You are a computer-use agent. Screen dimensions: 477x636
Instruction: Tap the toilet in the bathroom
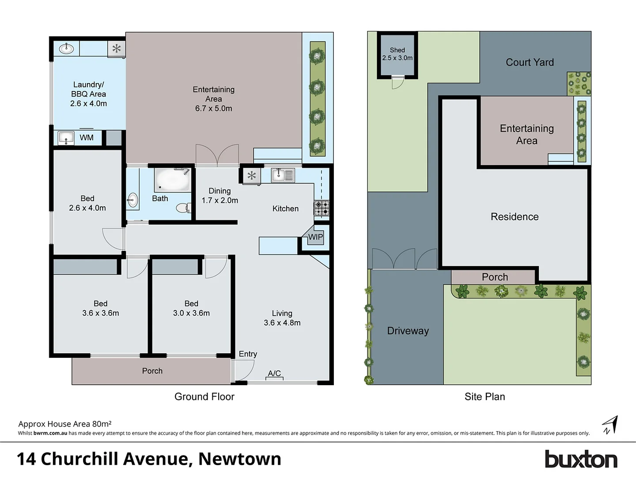point(182,208)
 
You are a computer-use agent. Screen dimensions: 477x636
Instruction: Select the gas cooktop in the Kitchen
point(322,208)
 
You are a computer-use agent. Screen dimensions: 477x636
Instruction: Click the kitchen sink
point(283,175)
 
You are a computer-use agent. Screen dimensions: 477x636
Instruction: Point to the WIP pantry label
point(315,237)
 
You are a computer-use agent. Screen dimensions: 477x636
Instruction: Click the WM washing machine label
point(87,138)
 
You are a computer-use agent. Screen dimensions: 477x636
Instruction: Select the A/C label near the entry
point(274,374)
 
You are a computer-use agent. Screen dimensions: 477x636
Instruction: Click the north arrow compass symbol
point(610,425)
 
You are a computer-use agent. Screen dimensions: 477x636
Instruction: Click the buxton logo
point(581,459)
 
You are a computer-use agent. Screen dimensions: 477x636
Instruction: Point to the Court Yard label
point(530,63)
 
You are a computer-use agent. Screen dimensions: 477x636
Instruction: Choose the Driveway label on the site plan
point(408,331)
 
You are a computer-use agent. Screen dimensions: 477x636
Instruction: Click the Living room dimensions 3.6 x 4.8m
point(282,323)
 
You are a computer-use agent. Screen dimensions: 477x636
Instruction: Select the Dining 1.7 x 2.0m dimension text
point(220,201)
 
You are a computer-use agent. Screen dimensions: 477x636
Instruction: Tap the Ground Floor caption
point(204,397)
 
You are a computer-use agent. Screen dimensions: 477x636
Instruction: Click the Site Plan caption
point(485,397)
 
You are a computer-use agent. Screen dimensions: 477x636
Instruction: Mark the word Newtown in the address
point(239,459)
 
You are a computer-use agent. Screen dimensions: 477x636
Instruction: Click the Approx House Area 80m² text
point(65,424)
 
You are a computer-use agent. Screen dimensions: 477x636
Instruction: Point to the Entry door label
point(248,354)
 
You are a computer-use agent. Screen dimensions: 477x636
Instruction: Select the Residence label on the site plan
point(515,217)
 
